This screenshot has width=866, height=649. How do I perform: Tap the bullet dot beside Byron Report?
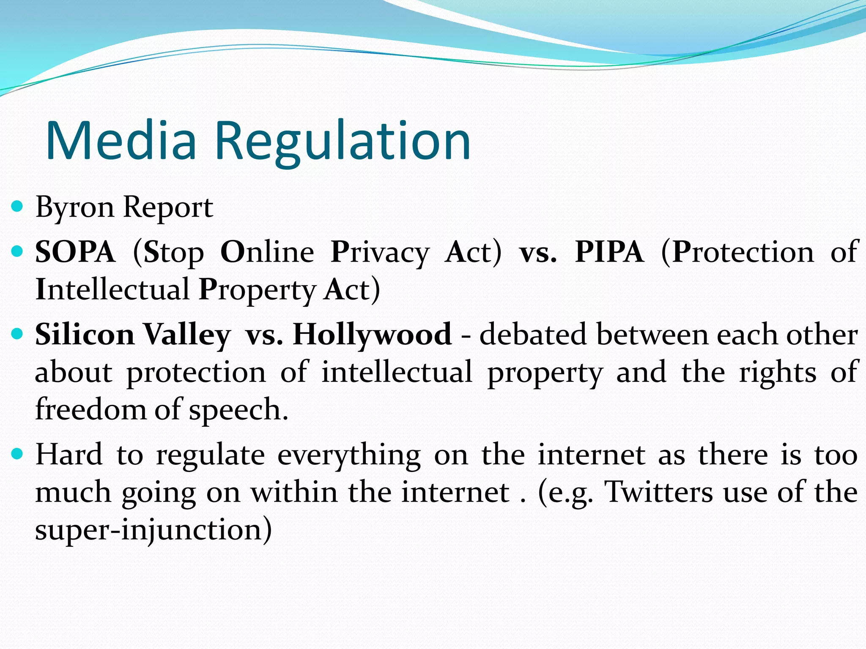point(17,207)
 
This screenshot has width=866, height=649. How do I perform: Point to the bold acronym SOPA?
point(75,252)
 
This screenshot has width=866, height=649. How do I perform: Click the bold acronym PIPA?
point(609,252)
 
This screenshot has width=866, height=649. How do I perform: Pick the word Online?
point(267,252)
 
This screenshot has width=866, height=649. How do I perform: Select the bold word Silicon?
point(85,334)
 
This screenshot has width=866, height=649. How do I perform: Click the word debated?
point(533,334)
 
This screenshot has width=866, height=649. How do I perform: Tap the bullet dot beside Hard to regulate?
point(17,454)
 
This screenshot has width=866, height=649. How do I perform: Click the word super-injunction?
point(153,530)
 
